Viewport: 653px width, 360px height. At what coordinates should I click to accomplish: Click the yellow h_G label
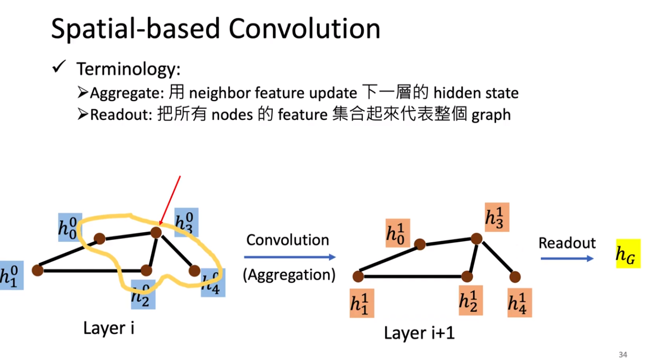(x=628, y=254)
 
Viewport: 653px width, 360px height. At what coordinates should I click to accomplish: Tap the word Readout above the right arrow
(x=567, y=243)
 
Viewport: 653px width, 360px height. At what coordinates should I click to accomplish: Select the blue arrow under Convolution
(x=290, y=257)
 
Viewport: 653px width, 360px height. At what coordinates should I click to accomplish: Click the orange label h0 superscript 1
(x=397, y=233)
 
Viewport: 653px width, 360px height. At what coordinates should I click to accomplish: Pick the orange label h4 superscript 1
(x=519, y=303)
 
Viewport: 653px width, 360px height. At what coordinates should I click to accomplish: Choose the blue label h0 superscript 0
(x=70, y=227)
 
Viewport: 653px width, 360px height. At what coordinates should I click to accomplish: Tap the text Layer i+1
(x=420, y=334)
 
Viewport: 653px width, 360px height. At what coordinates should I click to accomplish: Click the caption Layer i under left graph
(x=108, y=328)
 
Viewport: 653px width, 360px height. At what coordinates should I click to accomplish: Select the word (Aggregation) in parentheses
(x=289, y=275)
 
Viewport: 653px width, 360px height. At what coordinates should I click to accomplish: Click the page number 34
(x=623, y=354)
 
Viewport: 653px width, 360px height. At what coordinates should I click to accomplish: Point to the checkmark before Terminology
(x=59, y=68)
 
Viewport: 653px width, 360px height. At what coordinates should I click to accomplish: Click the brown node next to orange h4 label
(x=515, y=276)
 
